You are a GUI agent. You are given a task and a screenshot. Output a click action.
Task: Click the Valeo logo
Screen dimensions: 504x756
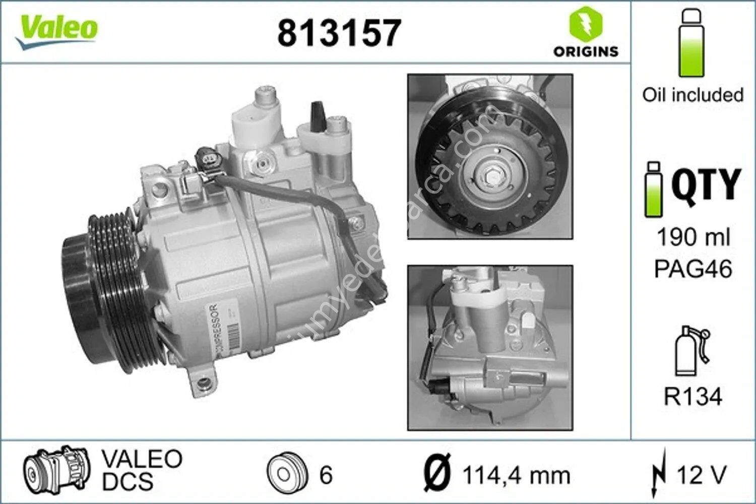(x=56, y=30)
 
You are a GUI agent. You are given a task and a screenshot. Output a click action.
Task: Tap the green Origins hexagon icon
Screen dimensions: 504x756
(x=586, y=24)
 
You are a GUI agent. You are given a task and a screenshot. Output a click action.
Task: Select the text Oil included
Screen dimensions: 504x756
(x=693, y=95)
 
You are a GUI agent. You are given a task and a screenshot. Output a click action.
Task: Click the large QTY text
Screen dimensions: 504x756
(x=706, y=184)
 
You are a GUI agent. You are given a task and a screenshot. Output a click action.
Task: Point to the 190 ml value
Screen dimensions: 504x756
(x=693, y=236)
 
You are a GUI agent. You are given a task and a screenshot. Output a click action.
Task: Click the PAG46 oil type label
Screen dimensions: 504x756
(x=693, y=269)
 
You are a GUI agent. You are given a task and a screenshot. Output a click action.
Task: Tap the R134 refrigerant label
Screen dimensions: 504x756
(x=693, y=397)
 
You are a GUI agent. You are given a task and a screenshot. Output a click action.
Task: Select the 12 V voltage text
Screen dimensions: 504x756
(x=701, y=475)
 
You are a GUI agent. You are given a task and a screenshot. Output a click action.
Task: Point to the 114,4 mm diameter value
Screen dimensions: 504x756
(x=516, y=475)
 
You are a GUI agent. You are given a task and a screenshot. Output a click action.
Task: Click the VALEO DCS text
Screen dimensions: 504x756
(x=142, y=470)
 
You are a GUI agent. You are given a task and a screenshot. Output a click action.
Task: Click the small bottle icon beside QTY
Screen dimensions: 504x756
(x=654, y=190)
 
